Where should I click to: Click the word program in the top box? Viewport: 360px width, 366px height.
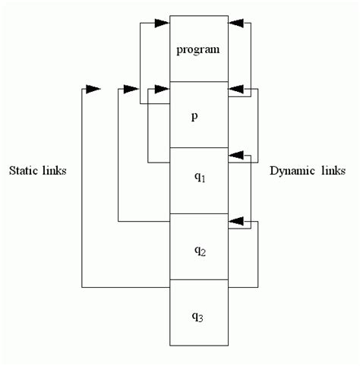tap(197, 50)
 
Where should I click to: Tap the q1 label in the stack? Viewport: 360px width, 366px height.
tap(197, 180)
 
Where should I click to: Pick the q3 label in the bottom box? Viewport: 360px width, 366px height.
tap(197, 314)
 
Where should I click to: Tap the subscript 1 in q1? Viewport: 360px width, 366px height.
tap(203, 183)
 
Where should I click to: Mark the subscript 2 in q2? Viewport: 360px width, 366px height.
tap(203, 250)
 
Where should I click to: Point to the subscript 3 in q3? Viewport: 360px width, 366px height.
tap(203, 317)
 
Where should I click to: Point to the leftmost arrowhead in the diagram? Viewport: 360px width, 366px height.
tap(92, 90)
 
